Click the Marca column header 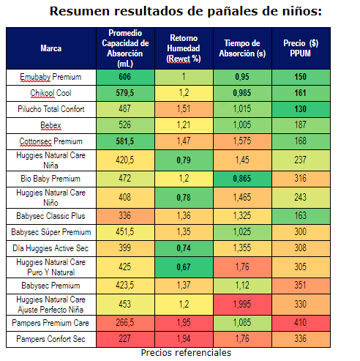click(51, 48)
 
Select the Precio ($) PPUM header click(301, 48)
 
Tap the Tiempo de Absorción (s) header click(242, 48)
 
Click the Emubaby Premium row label click(50, 77)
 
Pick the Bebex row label click(50, 125)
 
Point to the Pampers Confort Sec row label click(50, 339)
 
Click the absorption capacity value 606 click(125, 77)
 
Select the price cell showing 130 click(300, 109)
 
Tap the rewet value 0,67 click(184, 267)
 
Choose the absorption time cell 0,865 click(242, 179)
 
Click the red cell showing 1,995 click(242, 304)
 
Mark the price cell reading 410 click(300, 323)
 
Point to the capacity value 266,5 click(125, 323)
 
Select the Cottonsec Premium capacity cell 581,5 click(125, 141)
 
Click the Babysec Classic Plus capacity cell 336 click(125, 216)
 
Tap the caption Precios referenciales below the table click(186, 353)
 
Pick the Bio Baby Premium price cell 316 click(300, 179)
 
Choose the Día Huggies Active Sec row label click(50, 248)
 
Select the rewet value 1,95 click(184, 323)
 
